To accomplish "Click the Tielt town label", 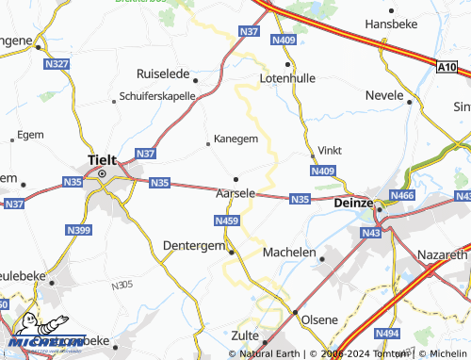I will [x=101, y=159].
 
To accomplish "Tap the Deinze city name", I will [x=354, y=202].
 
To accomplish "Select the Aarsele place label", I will [x=235, y=192].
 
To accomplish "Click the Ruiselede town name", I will [x=163, y=73].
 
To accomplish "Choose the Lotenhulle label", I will [x=287, y=79].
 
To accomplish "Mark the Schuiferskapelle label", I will [x=157, y=96].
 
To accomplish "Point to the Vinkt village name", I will [x=330, y=150].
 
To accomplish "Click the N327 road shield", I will [x=57, y=63].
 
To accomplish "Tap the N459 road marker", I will [x=226, y=221].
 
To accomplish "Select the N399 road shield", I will [x=77, y=229].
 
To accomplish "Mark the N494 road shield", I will [x=386, y=333].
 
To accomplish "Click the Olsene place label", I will [x=318, y=319].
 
